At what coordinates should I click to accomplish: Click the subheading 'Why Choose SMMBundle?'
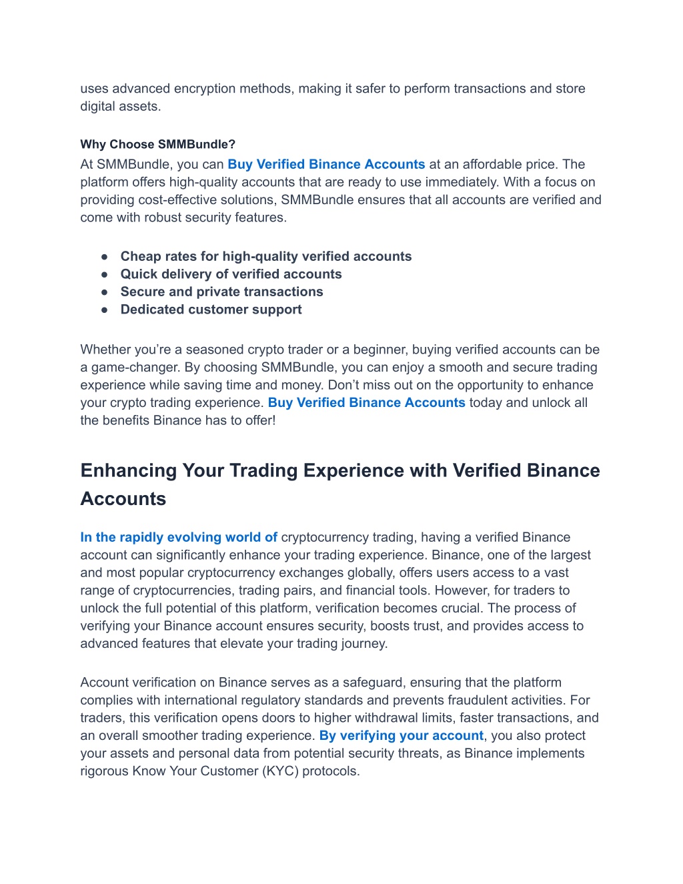pyautogui.click(x=157, y=144)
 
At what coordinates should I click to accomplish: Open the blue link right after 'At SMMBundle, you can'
pyautogui.click(x=326, y=164)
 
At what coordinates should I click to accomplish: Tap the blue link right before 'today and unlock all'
pyautogui.click(x=366, y=402)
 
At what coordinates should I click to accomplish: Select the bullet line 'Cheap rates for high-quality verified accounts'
pyautogui.click(x=265, y=256)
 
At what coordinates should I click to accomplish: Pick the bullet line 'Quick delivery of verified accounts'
pyautogui.click(x=231, y=274)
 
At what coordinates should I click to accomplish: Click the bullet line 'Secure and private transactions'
pyautogui.click(x=221, y=292)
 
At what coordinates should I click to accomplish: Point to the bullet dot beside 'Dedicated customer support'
pyautogui.click(x=105, y=310)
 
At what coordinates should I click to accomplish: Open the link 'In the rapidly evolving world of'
pyautogui.click(x=179, y=537)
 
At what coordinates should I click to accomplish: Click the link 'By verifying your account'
pyautogui.click(x=401, y=735)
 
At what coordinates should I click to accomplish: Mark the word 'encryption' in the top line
pyautogui.click(x=206, y=89)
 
